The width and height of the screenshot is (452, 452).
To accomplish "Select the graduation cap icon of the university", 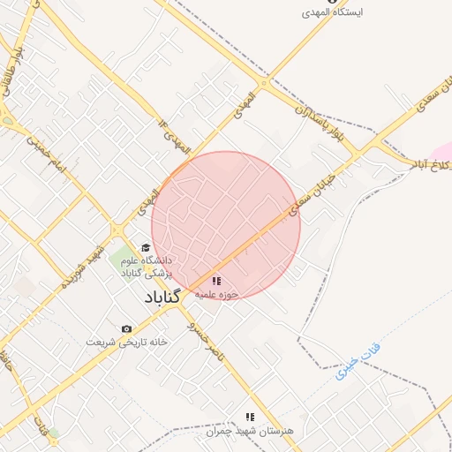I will pos(146,248).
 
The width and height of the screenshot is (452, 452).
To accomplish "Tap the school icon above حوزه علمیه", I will pos(217,281).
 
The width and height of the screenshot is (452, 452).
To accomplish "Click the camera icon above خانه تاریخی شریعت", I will pos(126,328).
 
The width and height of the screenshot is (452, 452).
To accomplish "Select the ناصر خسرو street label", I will pos(205,336).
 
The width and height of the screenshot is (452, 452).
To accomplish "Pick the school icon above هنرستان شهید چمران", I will pos(250,417).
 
